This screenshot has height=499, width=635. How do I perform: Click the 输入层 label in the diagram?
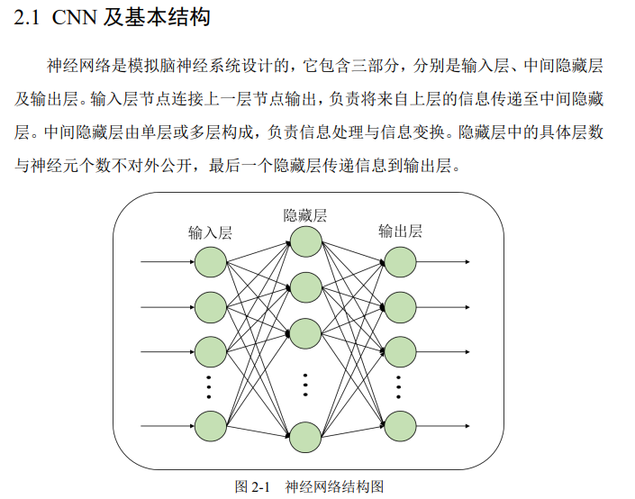click(x=210, y=232)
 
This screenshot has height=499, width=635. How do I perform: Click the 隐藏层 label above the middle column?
click(x=305, y=215)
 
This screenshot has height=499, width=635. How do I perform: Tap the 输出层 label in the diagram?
click(x=400, y=231)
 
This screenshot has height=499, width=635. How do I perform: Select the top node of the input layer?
click(x=211, y=262)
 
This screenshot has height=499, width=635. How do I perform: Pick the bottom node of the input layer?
click(x=211, y=424)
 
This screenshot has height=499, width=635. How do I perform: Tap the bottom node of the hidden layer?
click(x=306, y=438)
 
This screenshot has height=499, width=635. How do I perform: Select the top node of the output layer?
click(x=400, y=262)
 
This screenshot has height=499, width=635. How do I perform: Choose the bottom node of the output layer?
click(x=400, y=424)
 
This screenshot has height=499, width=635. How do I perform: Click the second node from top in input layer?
click(x=211, y=306)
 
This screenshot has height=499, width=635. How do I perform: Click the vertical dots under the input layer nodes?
click(x=210, y=386)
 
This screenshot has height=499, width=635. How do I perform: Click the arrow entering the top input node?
click(x=167, y=262)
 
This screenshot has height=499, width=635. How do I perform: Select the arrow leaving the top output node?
click(x=443, y=262)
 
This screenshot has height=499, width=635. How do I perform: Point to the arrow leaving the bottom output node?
click(x=443, y=424)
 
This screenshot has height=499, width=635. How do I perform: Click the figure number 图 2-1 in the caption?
click(x=252, y=486)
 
